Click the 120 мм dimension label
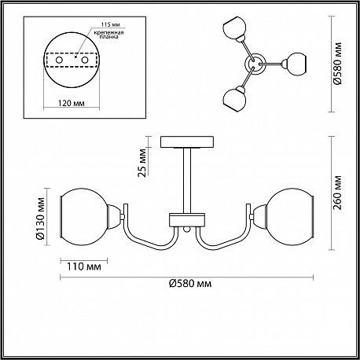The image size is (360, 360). [71, 103]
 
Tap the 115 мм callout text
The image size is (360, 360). [111, 24]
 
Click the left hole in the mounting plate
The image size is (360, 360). [59, 60]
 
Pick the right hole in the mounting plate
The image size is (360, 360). [84, 60]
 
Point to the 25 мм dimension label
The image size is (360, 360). [142, 163]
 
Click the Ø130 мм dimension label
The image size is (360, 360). [40, 219]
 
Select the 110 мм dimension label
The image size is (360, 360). [83, 266]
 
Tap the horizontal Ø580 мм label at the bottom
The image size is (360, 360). [190, 284]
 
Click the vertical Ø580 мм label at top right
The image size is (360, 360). [338, 63]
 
